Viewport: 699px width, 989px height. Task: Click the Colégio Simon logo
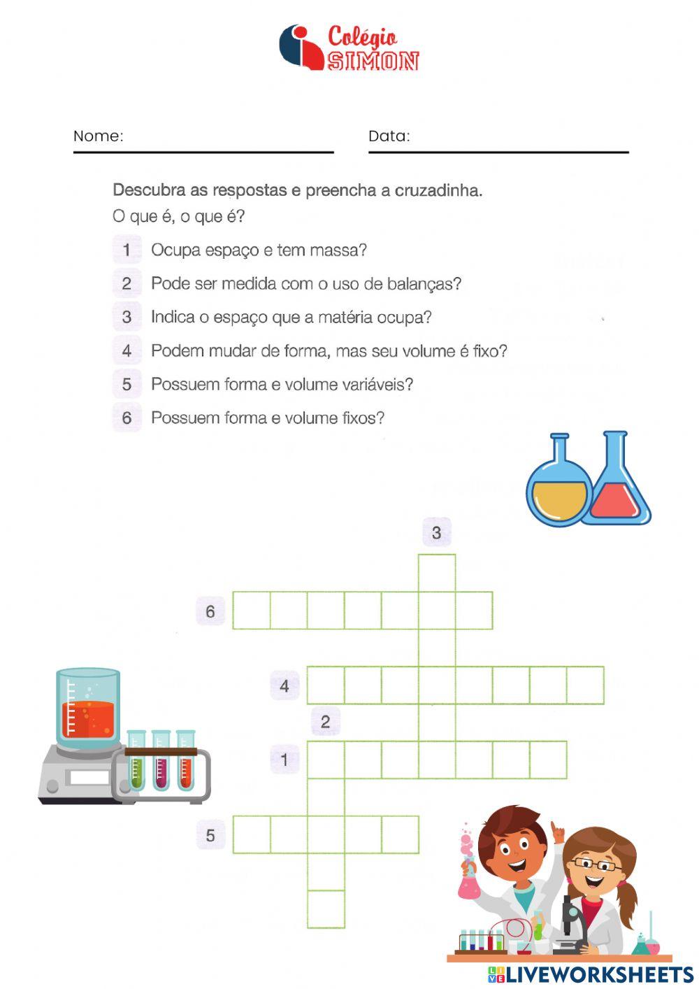tap(349, 48)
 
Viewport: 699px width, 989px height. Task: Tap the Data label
tap(389, 136)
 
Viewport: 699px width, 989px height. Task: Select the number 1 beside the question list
tap(127, 250)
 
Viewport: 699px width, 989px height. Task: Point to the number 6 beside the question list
tap(127, 418)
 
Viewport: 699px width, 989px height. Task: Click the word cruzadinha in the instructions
tap(438, 190)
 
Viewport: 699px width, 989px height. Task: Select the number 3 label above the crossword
tap(437, 533)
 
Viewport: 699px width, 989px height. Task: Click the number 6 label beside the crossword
tap(210, 611)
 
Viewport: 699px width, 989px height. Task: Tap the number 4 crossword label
tap(284, 686)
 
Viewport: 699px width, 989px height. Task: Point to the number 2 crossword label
tap(325, 721)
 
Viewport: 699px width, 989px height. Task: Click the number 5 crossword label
tap(210, 835)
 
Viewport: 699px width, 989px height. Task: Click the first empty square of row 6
tap(251, 611)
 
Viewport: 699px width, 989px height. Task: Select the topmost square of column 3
tap(437, 573)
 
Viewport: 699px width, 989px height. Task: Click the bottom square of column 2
tap(326, 909)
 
